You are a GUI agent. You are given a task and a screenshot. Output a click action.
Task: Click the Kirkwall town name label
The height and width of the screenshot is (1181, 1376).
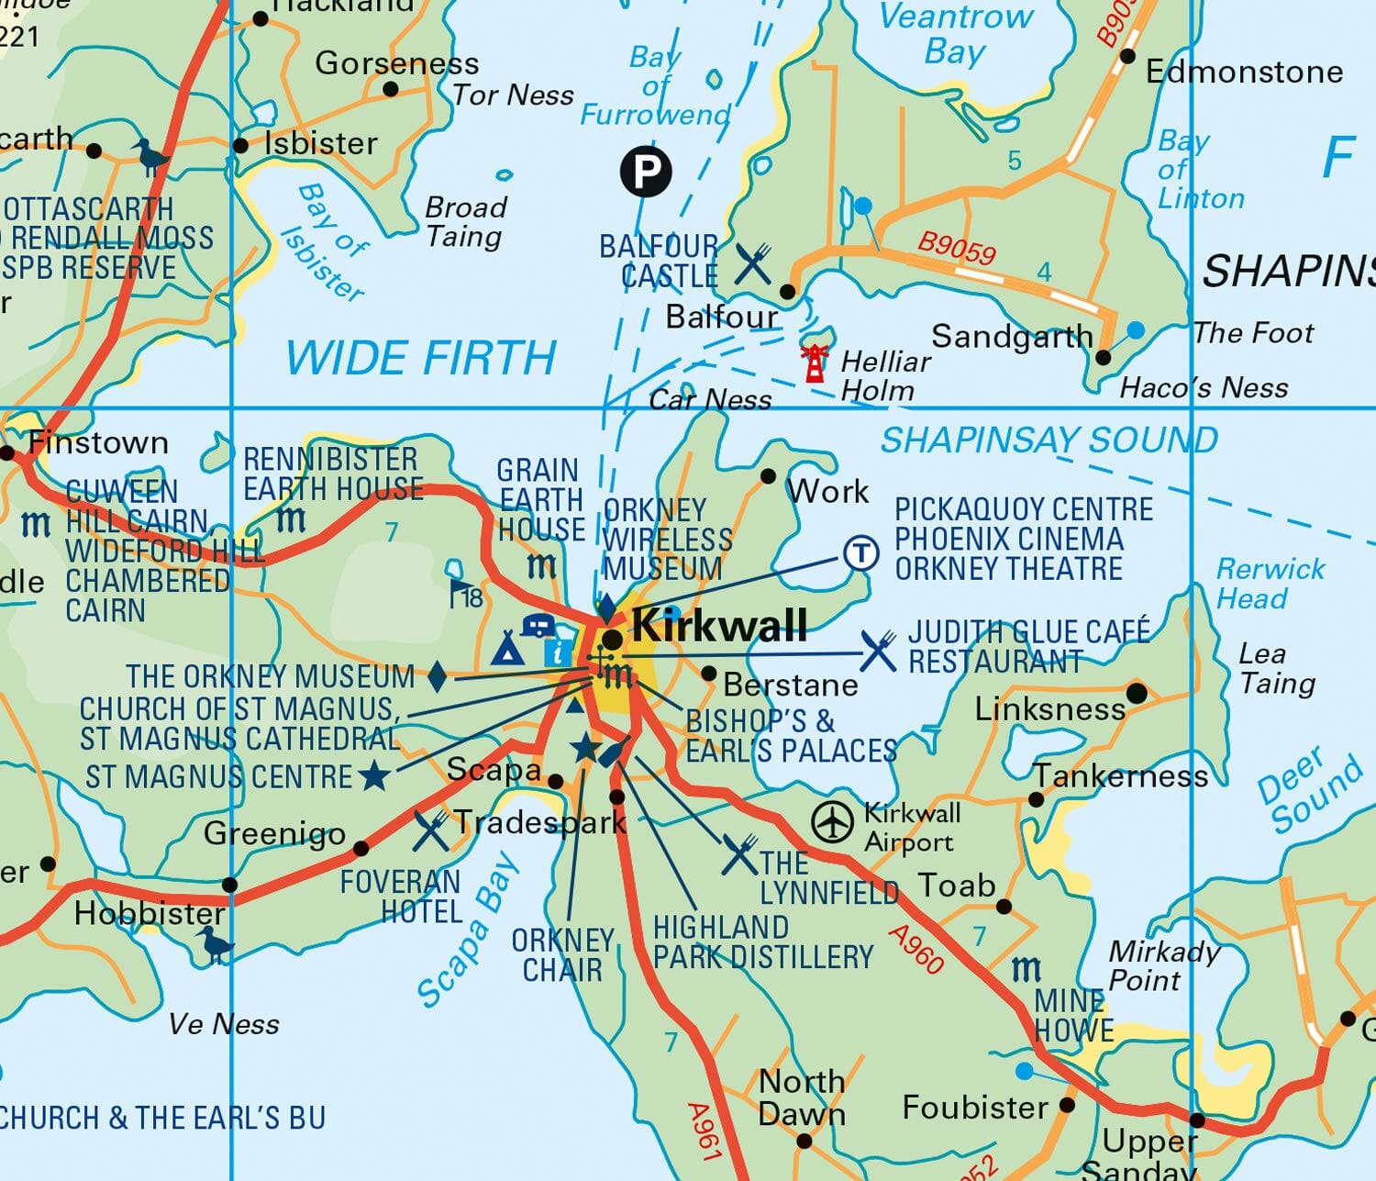(719, 627)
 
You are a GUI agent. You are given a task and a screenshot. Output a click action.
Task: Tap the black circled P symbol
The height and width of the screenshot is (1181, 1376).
(646, 171)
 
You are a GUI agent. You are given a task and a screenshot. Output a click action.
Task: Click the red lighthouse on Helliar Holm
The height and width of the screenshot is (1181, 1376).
(814, 362)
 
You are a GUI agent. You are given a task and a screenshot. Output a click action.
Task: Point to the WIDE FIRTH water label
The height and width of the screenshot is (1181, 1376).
(421, 358)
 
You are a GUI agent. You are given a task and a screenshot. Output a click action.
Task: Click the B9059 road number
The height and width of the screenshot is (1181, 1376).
(957, 247)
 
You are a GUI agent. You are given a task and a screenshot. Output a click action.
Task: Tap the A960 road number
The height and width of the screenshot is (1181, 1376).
(915, 949)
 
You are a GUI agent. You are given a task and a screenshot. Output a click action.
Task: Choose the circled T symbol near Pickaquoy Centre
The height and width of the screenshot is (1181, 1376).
(860, 553)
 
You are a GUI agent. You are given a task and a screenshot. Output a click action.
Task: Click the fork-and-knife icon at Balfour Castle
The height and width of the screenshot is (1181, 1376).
(753, 264)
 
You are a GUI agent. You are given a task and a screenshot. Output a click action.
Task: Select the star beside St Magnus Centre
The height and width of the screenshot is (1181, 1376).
(373, 776)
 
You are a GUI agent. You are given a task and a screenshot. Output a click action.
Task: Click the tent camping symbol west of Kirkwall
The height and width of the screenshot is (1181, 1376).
(506, 648)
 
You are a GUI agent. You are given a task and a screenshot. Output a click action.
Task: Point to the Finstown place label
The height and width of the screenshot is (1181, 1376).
(98, 443)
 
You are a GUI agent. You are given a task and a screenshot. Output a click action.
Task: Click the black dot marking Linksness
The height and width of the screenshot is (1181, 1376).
(1137, 693)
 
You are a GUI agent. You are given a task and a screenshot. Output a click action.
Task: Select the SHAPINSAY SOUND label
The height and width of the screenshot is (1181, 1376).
(1049, 440)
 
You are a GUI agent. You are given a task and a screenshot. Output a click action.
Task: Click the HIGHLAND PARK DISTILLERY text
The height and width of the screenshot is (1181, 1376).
(761, 942)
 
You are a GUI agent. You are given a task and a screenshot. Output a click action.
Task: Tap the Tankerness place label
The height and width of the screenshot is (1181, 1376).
(1121, 777)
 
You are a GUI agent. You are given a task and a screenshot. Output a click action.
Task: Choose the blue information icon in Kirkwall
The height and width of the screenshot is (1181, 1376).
(558, 653)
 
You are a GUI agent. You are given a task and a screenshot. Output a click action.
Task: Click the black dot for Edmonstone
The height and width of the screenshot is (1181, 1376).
(1127, 56)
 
